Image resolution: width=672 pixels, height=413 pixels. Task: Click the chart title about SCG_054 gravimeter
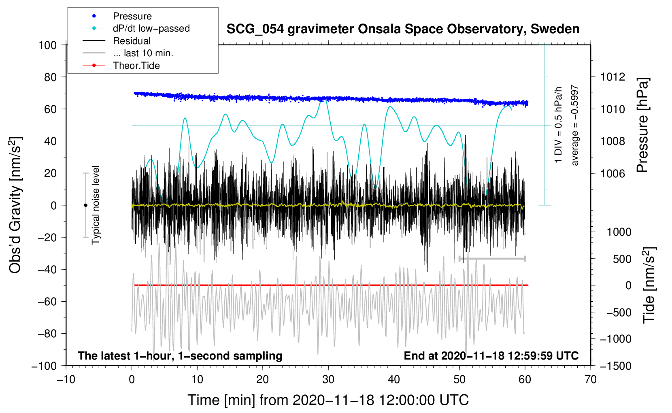coord(403,29)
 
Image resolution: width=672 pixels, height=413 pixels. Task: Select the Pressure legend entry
coord(132,16)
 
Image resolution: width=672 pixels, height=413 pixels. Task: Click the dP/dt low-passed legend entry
coord(151,28)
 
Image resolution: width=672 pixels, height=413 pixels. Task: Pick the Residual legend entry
coord(132,41)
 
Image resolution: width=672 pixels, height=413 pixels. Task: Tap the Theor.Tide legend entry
coord(136,66)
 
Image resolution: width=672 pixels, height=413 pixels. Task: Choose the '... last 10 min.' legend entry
coord(143,53)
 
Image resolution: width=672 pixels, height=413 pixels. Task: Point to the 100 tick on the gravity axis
coord(47,45)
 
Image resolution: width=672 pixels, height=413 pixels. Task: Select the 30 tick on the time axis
coord(328,380)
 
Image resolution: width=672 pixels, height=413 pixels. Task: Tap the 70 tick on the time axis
coord(591,380)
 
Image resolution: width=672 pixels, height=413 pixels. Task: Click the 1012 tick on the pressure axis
coord(612,77)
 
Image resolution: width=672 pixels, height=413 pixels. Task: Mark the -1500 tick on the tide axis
coord(615,366)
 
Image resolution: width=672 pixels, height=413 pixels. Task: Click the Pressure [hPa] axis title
coord(643,125)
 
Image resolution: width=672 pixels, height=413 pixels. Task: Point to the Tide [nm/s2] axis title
coord(649,285)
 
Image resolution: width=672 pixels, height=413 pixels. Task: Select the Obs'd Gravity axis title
coord(15,205)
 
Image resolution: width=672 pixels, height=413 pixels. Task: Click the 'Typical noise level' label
coord(96,205)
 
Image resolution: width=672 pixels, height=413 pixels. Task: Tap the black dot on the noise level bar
coord(85,205)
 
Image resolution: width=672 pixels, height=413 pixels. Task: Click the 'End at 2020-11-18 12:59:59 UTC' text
coord(491,356)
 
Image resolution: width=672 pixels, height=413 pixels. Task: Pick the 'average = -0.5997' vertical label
coord(575,125)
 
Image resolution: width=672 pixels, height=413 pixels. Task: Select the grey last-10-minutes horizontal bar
coord(492,258)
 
